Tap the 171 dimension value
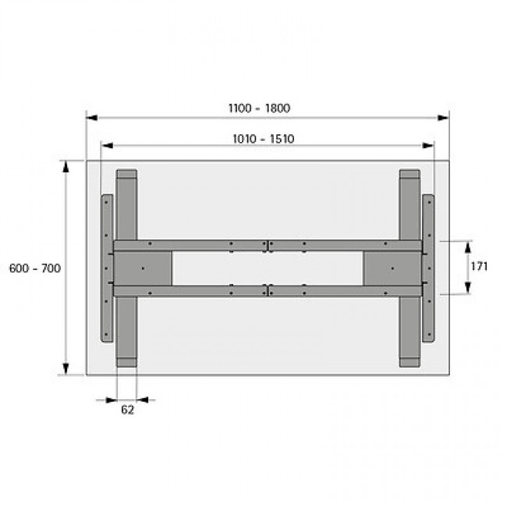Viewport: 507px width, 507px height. pos(479,267)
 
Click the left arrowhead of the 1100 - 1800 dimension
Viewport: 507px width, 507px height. pos(90,119)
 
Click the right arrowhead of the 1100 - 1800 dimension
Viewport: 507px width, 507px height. pos(445,119)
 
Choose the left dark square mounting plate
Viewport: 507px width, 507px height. pos(144,268)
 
